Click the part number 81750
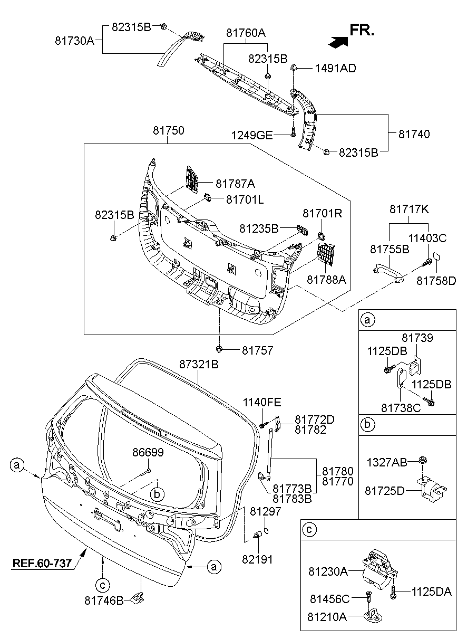click(168, 130)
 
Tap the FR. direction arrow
click(338, 42)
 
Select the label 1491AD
click(335, 69)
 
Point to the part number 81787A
click(235, 184)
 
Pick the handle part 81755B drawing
click(388, 274)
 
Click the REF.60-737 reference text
click(42, 563)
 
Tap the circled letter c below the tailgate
click(102, 585)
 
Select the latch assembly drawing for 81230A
click(380, 570)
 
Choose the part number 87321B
click(199, 364)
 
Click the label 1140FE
click(262, 402)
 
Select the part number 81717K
click(409, 209)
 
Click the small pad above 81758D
click(436, 256)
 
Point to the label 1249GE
click(252, 135)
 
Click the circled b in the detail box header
click(367, 424)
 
